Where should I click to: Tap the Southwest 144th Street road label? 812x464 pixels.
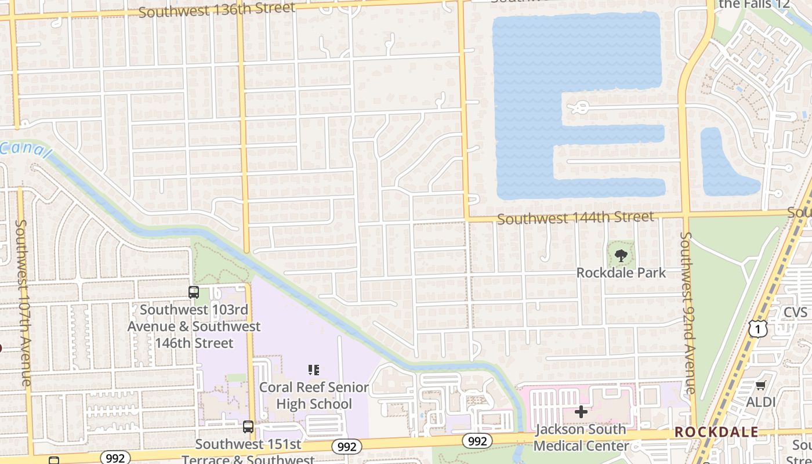click(575, 218)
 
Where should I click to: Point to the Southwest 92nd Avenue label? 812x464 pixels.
click(688, 313)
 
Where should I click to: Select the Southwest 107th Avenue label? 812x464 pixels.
click(23, 302)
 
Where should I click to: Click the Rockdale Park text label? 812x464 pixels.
click(621, 273)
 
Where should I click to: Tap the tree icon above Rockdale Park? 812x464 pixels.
click(621, 255)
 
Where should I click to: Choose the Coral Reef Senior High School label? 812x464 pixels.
click(314, 395)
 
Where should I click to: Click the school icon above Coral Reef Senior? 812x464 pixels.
click(314, 369)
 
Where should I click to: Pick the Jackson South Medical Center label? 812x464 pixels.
click(581, 437)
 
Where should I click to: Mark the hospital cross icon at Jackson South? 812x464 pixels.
click(581, 412)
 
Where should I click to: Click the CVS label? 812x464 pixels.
click(795, 313)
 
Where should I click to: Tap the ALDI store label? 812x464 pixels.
click(760, 402)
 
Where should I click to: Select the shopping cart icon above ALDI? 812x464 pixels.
click(760, 386)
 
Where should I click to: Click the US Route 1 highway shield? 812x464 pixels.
click(757, 328)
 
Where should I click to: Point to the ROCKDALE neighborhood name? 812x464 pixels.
click(716, 432)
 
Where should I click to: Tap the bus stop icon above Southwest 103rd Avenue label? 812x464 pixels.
click(194, 292)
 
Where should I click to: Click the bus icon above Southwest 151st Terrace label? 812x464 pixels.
click(248, 427)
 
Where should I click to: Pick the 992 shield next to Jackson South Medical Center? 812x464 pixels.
click(477, 441)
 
